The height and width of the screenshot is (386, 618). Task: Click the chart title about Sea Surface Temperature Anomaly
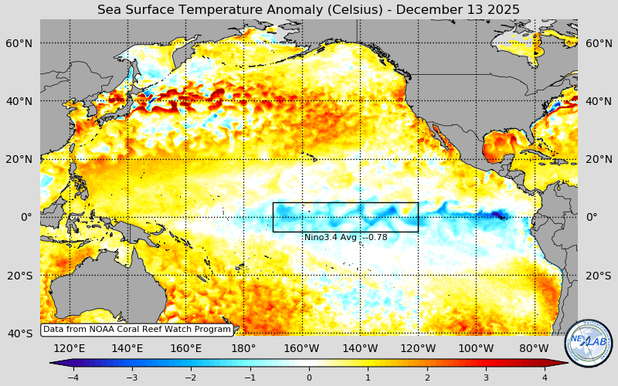point(308,9)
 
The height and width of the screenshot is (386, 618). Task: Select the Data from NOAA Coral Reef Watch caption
point(137,329)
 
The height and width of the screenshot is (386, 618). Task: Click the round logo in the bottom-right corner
point(589,344)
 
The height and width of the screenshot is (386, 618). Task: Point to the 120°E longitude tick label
point(70,348)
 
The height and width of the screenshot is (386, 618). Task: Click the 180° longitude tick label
point(243,348)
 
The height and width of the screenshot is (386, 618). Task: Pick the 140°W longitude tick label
point(360,348)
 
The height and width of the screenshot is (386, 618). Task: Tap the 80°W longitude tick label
point(534,348)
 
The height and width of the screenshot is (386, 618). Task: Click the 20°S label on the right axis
point(598,276)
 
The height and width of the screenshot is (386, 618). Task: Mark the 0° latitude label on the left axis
point(26,217)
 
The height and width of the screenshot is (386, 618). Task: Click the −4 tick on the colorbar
point(73,377)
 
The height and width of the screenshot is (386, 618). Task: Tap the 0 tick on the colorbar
point(309,377)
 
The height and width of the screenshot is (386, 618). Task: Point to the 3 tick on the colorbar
point(487,377)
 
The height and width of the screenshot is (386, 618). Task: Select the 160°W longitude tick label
point(302,348)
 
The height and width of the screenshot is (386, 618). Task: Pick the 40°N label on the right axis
point(598,101)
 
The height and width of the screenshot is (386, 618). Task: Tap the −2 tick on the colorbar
point(191,377)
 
